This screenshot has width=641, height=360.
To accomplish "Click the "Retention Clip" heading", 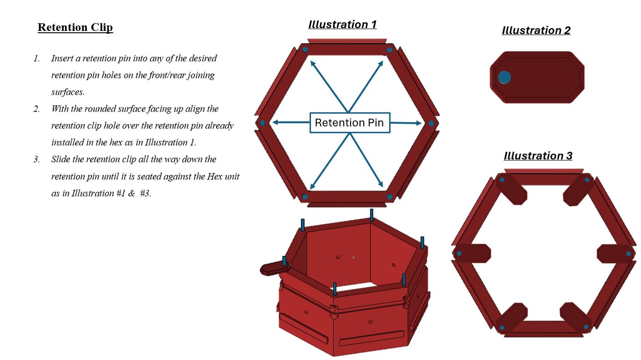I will [x=75, y=27].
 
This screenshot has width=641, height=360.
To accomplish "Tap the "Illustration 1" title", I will [x=342, y=24].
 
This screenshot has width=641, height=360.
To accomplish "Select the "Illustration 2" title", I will [x=536, y=30].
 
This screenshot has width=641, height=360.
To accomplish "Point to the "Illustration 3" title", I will [x=538, y=156].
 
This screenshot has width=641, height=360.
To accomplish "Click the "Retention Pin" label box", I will [x=350, y=122].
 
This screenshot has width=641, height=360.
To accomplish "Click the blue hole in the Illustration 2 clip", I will [x=504, y=77].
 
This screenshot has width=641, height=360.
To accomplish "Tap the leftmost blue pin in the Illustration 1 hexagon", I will [x=262, y=123].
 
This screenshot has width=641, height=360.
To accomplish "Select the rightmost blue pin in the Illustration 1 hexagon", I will [x=431, y=123].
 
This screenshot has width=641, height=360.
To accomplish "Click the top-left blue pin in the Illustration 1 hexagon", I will [x=305, y=49].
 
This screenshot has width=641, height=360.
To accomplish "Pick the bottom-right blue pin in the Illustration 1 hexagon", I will [x=389, y=197].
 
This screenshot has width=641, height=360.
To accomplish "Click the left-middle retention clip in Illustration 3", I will [x=472, y=254].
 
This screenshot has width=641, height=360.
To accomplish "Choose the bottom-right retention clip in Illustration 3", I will [x=575, y=318].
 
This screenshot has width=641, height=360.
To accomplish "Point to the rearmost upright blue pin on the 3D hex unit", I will [x=371, y=215].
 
